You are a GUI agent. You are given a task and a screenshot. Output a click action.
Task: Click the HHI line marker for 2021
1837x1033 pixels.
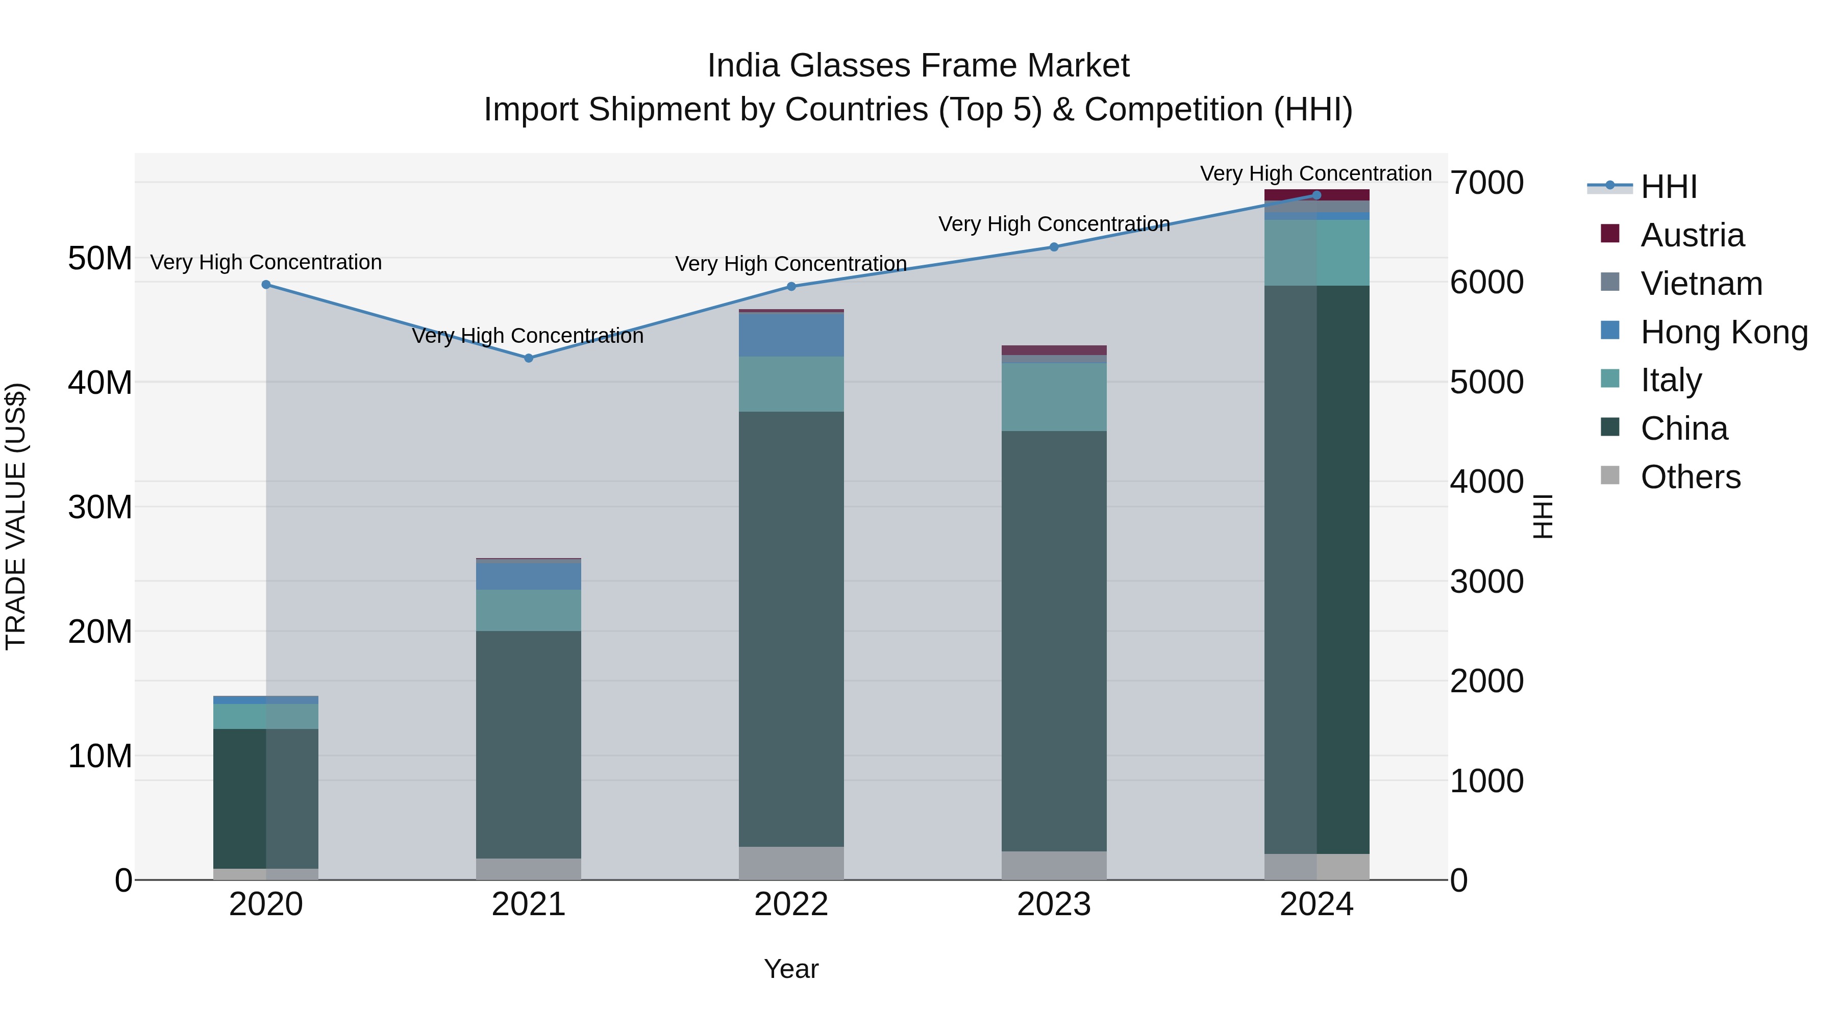529,358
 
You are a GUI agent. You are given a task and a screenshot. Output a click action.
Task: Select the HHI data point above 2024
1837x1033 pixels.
1317,195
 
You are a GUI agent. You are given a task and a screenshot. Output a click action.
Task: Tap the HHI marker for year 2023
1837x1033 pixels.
1054,247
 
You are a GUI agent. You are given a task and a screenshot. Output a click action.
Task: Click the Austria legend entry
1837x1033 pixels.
1692,235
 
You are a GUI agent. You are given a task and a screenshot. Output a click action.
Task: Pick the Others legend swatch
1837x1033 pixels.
1610,475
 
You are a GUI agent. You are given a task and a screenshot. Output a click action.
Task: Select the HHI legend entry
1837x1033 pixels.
1668,187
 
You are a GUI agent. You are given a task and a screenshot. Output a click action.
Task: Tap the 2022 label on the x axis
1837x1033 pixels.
791,904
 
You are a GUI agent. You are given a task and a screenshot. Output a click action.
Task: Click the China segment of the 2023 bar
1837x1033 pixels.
1054,642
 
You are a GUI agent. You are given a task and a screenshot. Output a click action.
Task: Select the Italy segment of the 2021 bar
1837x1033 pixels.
529,610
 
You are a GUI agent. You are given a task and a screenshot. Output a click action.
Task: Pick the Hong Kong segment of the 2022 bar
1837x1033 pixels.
791,334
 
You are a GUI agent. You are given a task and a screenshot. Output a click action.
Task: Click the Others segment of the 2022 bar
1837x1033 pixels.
791,863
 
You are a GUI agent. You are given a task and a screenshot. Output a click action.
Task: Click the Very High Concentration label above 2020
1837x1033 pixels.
266,262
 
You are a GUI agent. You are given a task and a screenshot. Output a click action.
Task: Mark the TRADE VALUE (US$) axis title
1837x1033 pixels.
16,516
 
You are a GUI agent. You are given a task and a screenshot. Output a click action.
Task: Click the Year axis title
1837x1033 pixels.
791,969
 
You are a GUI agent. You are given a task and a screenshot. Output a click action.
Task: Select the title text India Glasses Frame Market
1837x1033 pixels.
918,66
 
